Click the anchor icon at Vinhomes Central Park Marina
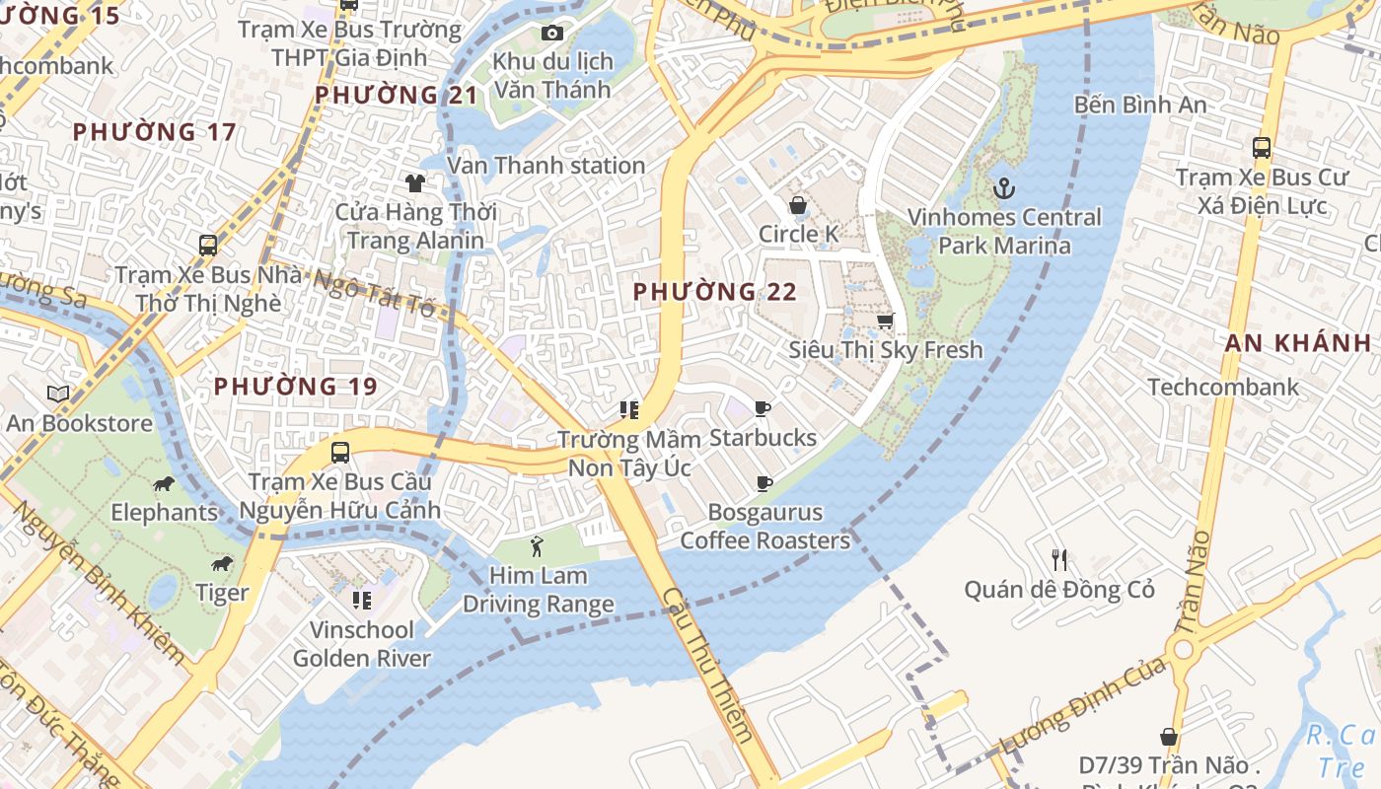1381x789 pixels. [1004, 187]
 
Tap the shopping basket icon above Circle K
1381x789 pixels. [797, 205]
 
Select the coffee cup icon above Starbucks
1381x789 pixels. [762, 408]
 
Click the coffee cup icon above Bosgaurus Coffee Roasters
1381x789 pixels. [763, 483]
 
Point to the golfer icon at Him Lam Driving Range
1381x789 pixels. [537, 545]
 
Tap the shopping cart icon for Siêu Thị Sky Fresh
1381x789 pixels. [885, 321]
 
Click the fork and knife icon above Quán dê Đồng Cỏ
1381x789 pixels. [1059, 560]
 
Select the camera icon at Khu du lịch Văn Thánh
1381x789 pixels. [552, 33]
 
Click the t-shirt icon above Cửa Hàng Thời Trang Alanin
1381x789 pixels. [414, 182]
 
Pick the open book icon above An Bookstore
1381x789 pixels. [58, 394]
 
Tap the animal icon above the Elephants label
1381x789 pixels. [164, 483]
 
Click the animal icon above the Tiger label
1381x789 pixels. [222, 563]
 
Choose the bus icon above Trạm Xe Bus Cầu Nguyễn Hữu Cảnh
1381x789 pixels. [339, 453]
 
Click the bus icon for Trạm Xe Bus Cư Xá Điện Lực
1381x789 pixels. [1261, 148]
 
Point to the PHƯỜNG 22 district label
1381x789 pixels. [714, 292]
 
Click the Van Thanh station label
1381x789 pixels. [546, 166]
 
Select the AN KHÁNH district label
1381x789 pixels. [1298, 343]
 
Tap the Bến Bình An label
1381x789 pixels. [1140, 104]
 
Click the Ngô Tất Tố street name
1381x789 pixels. [375, 293]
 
